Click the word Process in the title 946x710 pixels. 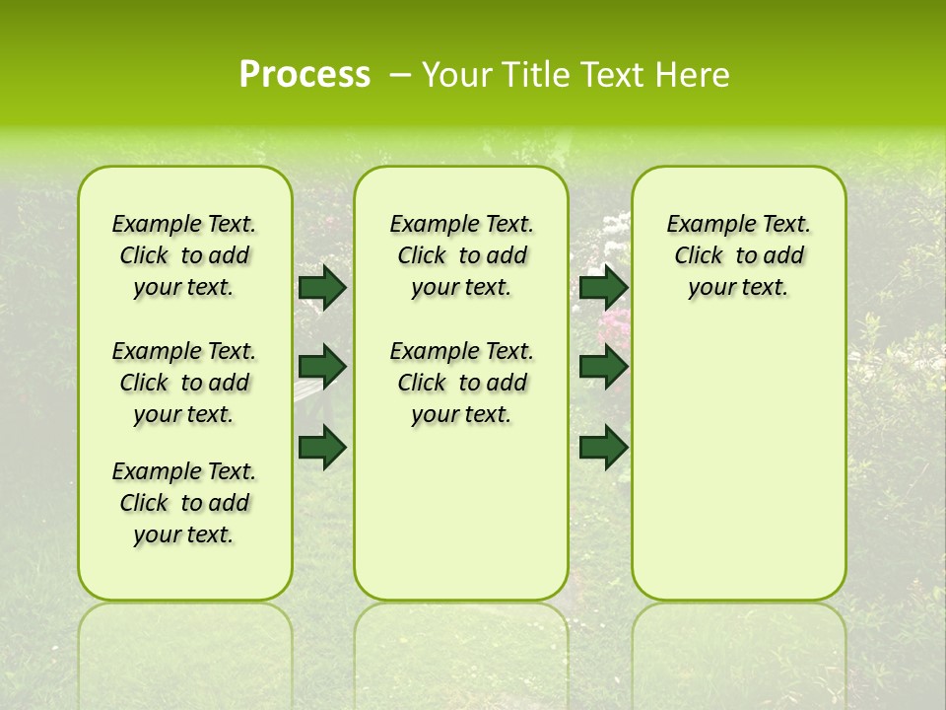tap(304, 75)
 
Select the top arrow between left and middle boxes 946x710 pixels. tap(322, 287)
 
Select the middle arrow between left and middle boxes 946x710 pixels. tap(322, 367)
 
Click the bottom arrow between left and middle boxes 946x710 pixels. tap(322, 447)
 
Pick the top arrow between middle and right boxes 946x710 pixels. tap(604, 287)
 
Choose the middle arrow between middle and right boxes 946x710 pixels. tap(604, 367)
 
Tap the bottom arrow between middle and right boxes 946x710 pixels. tap(604, 447)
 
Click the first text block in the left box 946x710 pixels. tap(184, 255)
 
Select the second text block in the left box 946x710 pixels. tap(184, 383)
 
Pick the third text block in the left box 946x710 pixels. tap(184, 503)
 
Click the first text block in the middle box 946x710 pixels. tap(461, 255)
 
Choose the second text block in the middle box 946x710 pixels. tap(461, 383)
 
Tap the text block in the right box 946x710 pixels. tap(738, 255)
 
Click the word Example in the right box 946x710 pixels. tap(702, 225)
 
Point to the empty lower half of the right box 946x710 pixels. tap(738, 473)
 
